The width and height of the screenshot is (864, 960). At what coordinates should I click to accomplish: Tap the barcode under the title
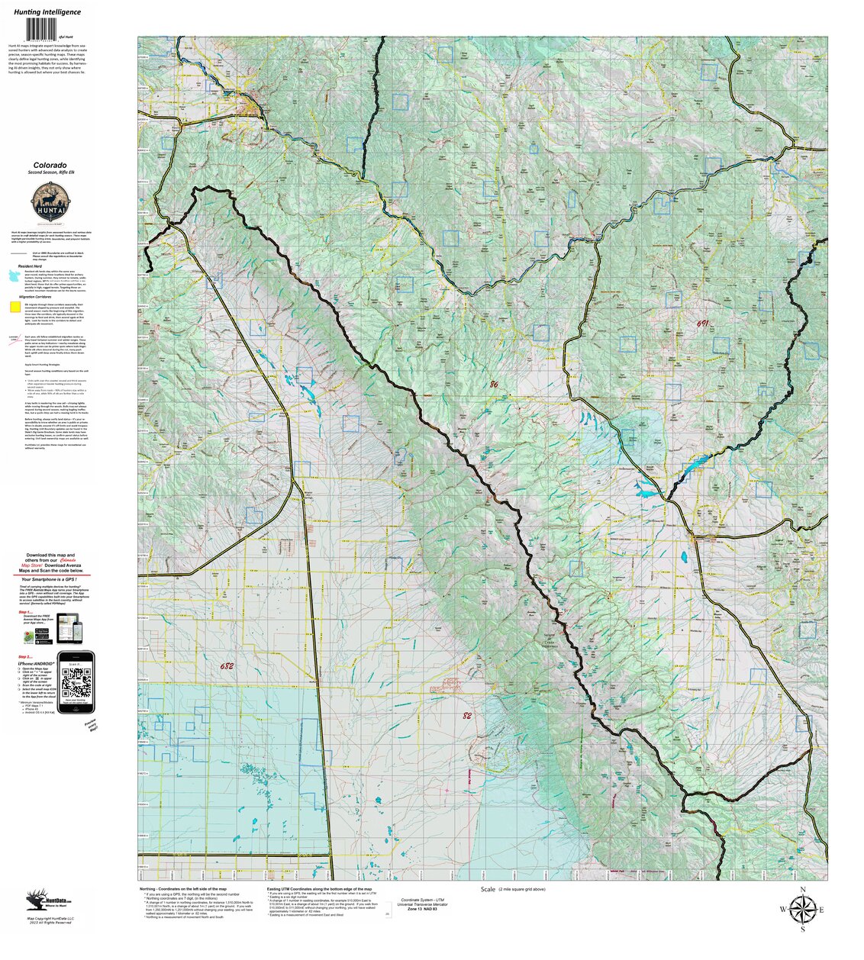[x=47, y=30]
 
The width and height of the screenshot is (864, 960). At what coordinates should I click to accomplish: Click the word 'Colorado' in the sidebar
[x=49, y=165]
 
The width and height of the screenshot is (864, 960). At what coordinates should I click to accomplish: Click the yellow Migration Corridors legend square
[x=15, y=308]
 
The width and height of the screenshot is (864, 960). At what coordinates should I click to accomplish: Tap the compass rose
[x=802, y=909]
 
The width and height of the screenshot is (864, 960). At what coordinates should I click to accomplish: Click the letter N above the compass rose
[x=802, y=891]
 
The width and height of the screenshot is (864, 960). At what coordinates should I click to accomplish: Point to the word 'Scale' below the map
[x=488, y=890]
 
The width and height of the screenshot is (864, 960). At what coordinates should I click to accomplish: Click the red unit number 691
[x=702, y=324]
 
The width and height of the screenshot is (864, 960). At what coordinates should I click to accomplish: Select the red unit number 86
[x=493, y=385]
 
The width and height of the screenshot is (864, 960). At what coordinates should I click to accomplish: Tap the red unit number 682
[x=227, y=665]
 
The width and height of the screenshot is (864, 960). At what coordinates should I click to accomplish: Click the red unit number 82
[x=467, y=716]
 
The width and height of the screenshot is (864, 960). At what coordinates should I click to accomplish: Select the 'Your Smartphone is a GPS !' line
[x=52, y=579]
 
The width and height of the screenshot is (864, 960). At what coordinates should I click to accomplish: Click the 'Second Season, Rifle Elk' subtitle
[x=49, y=173]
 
